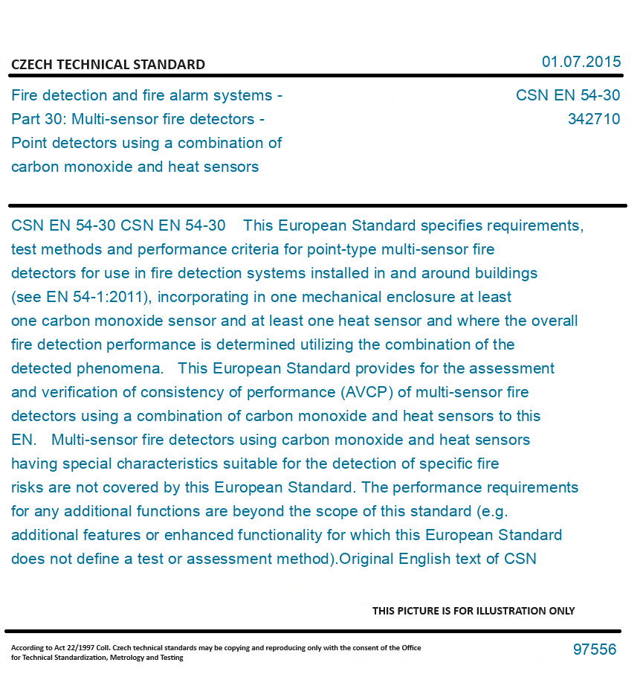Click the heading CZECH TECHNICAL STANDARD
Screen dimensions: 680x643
tap(108, 65)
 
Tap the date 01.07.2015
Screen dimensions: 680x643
tap(581, 62)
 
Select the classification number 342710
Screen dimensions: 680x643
tap(593, 119)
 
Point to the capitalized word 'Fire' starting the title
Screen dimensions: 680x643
tap(25, 95)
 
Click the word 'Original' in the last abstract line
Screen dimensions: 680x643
tap(366, 559)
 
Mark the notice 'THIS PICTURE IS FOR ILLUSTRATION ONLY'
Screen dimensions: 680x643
tap(474, 611)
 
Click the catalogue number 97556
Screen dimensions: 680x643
tap(594, 649)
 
